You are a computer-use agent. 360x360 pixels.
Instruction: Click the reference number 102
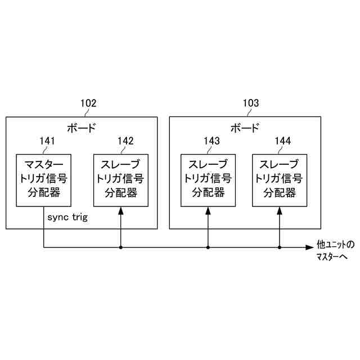coord(88,103)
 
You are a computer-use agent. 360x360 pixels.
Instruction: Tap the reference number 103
coord(251,103)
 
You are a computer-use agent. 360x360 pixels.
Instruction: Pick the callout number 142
coord(125,142)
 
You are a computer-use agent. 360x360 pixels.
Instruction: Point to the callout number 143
coord(211,142)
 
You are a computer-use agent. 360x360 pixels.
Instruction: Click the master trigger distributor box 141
coord(44,179)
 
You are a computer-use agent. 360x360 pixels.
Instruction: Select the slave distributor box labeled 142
coord(121,179)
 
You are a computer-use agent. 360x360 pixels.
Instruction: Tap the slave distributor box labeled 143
coord(208,179)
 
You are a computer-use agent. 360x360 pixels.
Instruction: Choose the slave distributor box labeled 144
coord(280,179)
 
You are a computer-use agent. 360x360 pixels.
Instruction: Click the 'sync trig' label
coord(67,217)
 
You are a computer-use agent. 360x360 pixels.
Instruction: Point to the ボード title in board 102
coord(81,127)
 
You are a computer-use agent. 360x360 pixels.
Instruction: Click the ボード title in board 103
coord(245,127)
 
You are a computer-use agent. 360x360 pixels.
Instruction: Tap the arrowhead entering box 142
coord(121,210)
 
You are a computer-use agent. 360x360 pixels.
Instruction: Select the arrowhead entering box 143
coord(208,210)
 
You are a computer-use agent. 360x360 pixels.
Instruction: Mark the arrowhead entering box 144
coord(280,210)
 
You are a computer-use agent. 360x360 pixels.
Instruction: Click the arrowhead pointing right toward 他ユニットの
coord(309,247)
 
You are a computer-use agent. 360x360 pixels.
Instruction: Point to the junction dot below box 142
coord(121,247)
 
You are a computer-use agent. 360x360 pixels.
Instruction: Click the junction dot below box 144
coord(280,247)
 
